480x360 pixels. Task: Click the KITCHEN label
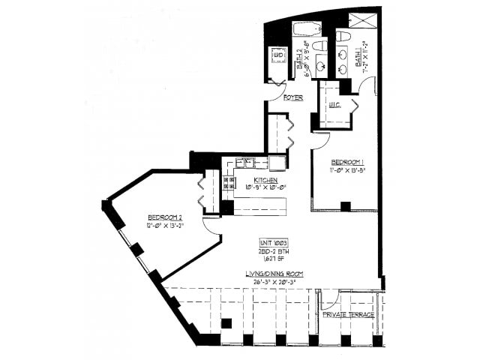click(266, 181)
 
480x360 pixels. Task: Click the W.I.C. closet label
click(334, 106)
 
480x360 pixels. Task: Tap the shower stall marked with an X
click(367, 20)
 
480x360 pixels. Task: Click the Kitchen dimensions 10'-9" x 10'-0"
click(266, 189)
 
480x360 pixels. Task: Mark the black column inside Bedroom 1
click(345, 206)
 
